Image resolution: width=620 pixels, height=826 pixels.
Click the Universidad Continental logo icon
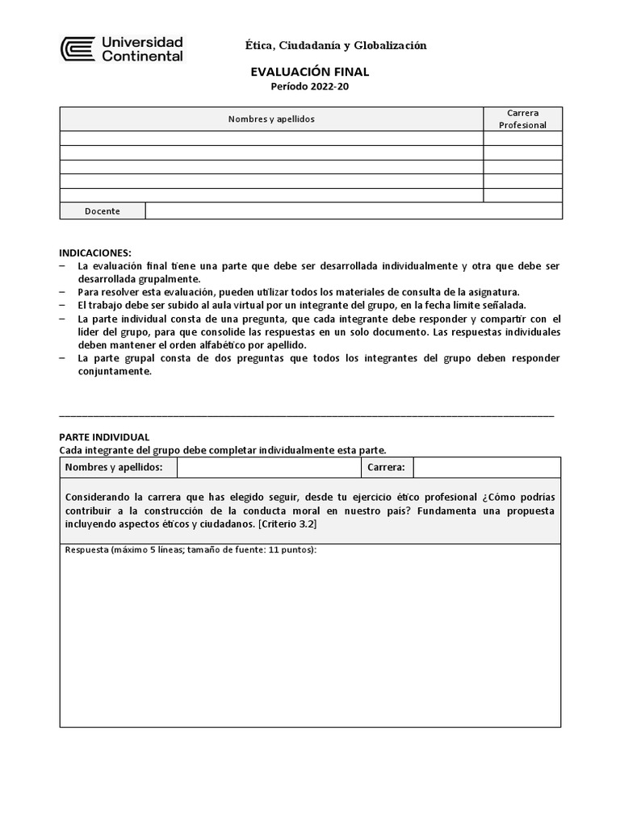tap(77, 49)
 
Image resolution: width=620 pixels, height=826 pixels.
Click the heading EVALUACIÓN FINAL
tap(310, 72)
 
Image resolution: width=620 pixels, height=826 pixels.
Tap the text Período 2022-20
tap(310, 87)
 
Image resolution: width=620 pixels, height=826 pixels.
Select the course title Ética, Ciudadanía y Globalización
tap(336, 46)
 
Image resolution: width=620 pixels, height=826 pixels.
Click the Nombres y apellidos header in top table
tap(271, 119)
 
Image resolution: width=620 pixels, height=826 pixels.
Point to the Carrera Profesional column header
tap(522, 119)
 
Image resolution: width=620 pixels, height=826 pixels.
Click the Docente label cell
tap(103, 211)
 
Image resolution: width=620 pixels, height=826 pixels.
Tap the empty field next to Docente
tap(354, 211)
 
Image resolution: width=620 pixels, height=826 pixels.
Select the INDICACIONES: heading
tap(95, 252)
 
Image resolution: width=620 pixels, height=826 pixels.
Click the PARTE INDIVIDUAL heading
tap(104, 436)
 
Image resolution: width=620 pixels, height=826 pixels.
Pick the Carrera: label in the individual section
tap(386, 467)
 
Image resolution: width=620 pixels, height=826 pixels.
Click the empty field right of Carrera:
tap(486, 467)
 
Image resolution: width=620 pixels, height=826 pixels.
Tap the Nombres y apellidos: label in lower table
tap(114, 467)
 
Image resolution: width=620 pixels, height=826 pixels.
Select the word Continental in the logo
tap(141, 56)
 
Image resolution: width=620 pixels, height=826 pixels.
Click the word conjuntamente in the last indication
tap(105, 372)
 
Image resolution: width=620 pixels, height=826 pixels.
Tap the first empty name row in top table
tap(271, 139)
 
